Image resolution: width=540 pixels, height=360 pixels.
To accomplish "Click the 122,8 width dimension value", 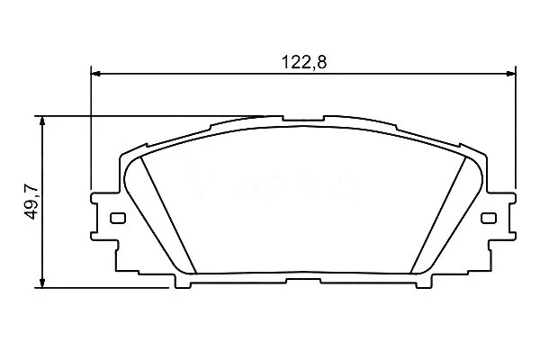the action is (304, 62).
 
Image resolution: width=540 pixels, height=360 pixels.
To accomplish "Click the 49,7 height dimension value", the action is (31, 202).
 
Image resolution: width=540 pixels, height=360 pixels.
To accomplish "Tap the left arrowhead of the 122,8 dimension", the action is (95, 74).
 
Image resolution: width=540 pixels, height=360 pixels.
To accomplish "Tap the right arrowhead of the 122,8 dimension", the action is (511, 74).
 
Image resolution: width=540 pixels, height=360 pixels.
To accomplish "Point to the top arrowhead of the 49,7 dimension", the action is (42, 121).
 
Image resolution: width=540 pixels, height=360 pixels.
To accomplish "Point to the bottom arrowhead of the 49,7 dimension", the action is (42, 283).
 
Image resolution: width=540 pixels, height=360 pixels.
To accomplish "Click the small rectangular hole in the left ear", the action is (118, 218).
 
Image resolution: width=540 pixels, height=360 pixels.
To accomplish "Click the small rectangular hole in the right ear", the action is (489, 218).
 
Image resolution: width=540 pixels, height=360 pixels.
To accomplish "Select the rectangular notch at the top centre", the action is (303, 118).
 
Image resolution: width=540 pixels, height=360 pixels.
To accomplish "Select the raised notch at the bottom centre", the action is (303, 281).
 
